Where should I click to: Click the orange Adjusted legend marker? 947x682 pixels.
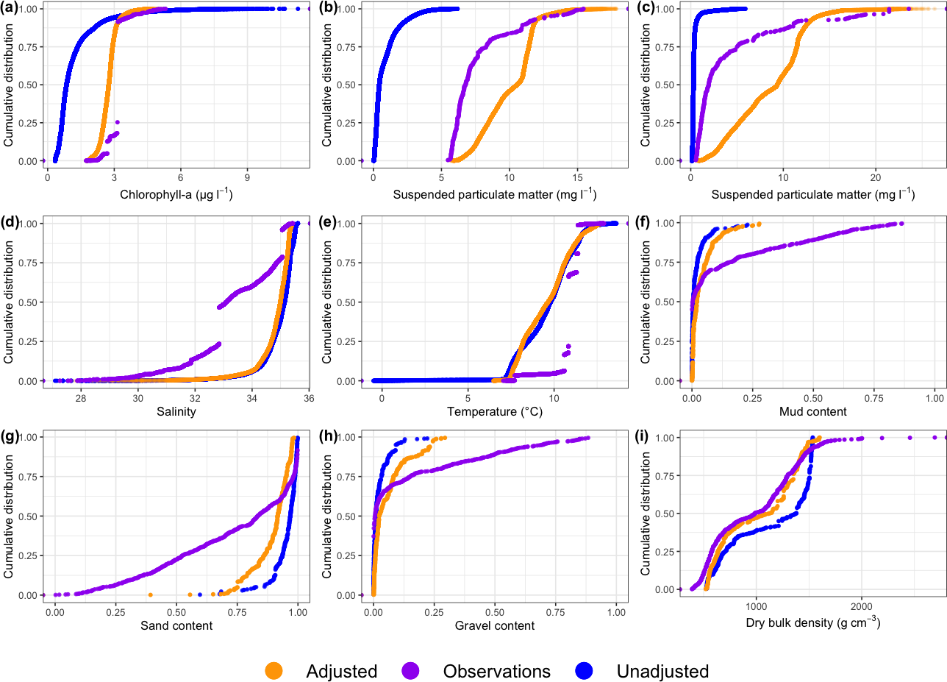pos(274,671)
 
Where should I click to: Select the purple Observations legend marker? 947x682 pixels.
pos(410,671)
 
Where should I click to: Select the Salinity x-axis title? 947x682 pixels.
pos(176,411)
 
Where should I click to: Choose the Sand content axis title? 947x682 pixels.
pos(176,625)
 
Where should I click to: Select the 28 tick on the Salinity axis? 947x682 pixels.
pos(81,397)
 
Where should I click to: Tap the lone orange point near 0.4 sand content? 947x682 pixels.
pos(150,594)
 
